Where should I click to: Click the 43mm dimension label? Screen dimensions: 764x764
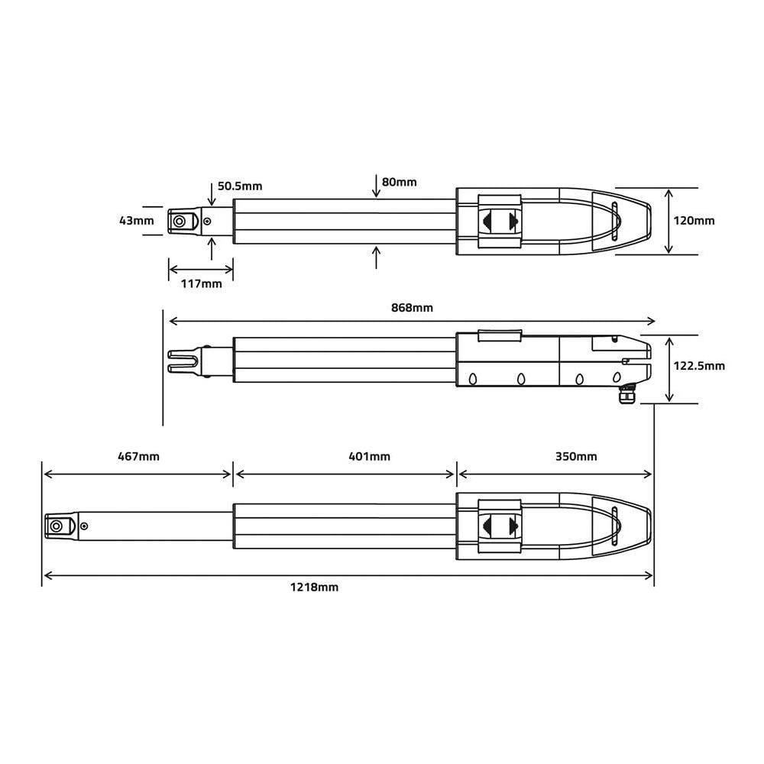pyautogui.click(x=136, y=221)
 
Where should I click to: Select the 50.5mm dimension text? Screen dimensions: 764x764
pyautogui.click(x=239, y=186)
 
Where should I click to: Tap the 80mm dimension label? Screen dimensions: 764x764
pyautogui.click(x=399, y=182)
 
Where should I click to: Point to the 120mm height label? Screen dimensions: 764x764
pyautogui.click(x=694, y=221)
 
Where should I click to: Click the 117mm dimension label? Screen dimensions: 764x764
pyautogui.click(x=201, y=283)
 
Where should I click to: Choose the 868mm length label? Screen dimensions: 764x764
pyautogui.click(x=411, y=307)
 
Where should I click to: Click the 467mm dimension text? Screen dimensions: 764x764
pyautogui.click(x=138, y=457)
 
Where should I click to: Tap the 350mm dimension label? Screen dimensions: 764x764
pyautogui.click(x=576, y=457)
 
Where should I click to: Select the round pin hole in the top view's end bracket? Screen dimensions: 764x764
pyautogui.click(x=179, y=222)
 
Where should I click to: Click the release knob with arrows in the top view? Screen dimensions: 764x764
pyautogui.click(x=500, y=221)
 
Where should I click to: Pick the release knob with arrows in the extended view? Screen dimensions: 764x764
pyautogui.click(x=500, y=526)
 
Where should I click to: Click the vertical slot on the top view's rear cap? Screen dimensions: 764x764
pyautogui.click(x=615, y=222)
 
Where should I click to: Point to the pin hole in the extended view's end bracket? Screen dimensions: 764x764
pyautogui.click(x=57, y=526)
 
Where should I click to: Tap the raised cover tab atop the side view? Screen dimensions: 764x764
pyautogui.click(x=500, y=335)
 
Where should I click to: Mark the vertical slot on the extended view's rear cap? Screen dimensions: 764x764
pyautogui.click(x=615, y=526)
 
